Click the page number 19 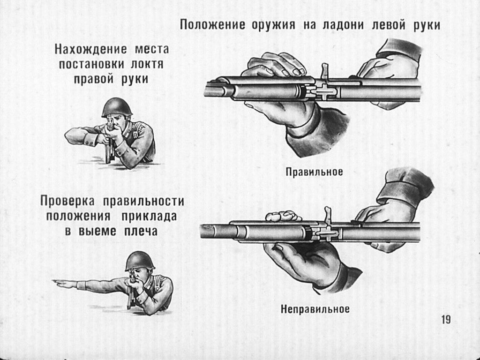[x=445, y=320]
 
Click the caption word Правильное [x=315, y=172]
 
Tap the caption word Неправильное [x=315, y=309]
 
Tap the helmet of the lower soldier [x=139, y=260]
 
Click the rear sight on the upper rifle [x=324, y=71]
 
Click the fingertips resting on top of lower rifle [x=283, y=216]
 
